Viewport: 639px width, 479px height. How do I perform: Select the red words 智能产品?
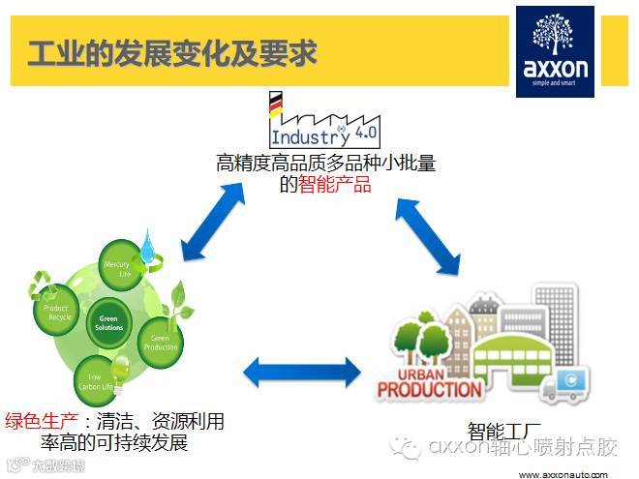point(334,184)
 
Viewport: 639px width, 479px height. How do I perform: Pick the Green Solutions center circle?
point(109,321)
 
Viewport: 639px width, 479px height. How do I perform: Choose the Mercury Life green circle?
point(117,269)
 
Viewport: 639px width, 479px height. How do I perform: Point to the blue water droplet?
point(147,247)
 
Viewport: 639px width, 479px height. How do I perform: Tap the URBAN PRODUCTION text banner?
point(429,382)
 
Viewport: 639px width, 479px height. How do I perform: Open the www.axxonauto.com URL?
point(563,472)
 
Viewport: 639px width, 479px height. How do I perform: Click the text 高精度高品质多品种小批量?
point(325,163)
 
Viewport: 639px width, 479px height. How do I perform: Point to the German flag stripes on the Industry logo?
point(276,104)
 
